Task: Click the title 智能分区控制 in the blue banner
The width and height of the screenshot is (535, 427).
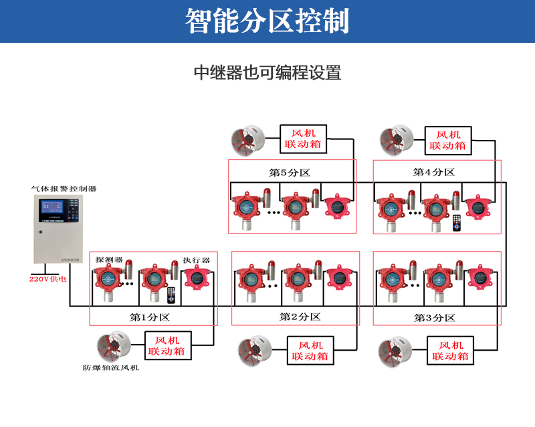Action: pos(267,21)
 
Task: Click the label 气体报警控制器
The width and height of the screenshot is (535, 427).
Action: pos(64,189)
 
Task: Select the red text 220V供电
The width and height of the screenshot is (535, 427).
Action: pos(47,278)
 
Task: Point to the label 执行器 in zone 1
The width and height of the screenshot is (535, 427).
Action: pos(197,260)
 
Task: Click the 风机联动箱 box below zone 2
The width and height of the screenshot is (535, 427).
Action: pos(310,351)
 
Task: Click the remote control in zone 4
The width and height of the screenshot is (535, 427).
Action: pos(457,223)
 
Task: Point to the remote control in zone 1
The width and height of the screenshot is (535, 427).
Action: pos(171,295)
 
